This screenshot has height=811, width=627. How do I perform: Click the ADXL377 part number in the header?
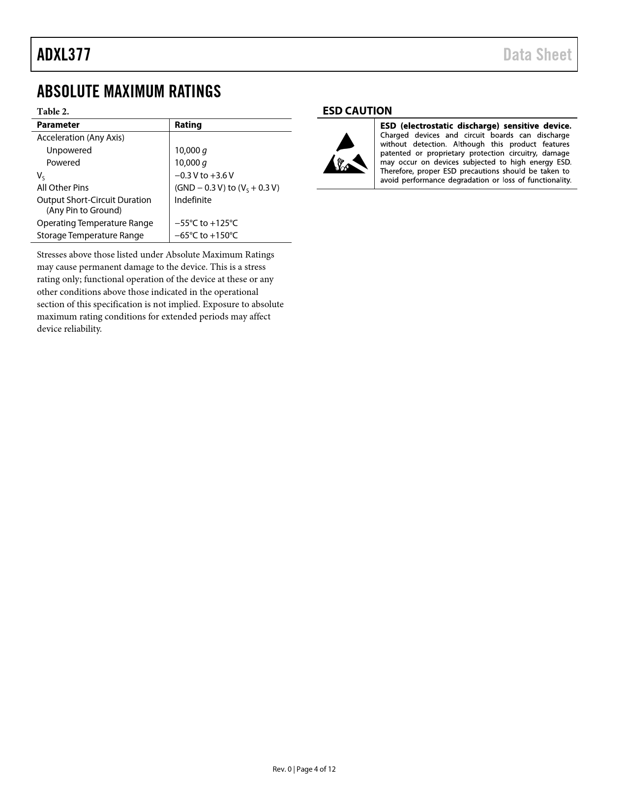click(64, 55)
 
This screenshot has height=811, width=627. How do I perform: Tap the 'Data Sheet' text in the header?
click(537, 55)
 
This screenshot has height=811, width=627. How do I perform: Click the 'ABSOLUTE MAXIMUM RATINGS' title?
click(129, 91)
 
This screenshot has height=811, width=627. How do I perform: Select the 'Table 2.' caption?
click(53, 112)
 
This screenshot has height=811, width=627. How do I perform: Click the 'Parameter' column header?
click(58, 125)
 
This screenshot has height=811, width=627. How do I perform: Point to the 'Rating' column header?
click(188, 125)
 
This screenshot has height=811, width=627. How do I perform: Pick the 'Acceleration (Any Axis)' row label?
click(81, 138)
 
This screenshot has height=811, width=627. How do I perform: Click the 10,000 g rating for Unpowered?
click(190, 150)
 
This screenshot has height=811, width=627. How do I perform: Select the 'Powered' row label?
click(63, 163)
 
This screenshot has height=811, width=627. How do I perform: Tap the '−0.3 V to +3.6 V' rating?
click(204, 175)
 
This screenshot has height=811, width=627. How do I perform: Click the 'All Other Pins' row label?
click(63, 188)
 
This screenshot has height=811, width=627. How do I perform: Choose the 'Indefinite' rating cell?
click(193, 200)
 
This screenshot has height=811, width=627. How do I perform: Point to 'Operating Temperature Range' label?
click(95, 223)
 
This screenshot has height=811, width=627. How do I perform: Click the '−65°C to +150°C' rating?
click(206, 235)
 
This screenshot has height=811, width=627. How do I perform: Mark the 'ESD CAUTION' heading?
click(357, 111)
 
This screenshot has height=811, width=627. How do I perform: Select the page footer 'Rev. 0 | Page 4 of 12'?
click(304, 769)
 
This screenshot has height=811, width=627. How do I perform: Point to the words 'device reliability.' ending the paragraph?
click(69, 329)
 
